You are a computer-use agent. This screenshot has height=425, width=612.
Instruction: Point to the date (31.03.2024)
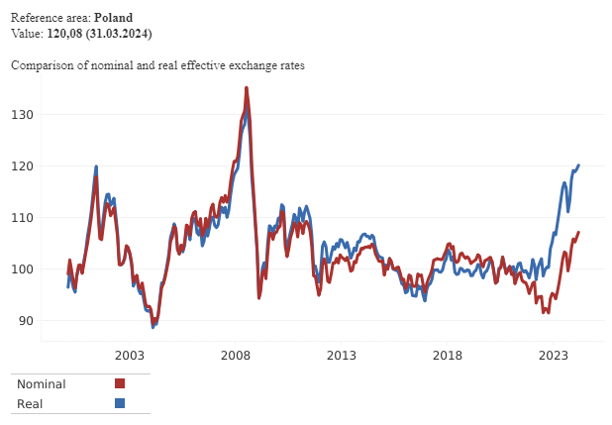pos(117,34)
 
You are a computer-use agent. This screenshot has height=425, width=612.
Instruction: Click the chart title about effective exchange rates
pos(157,65)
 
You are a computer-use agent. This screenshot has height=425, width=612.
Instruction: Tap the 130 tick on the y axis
pos(23,115)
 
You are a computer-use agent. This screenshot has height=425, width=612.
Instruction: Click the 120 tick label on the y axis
pos(23,166)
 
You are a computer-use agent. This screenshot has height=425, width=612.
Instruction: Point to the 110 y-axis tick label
pos(23,218)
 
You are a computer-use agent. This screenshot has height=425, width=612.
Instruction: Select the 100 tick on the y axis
pos(23,269)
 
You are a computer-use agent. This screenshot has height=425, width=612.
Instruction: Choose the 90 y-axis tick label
pos(26,321)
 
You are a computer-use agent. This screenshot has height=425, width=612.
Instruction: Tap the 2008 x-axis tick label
pos(235,355)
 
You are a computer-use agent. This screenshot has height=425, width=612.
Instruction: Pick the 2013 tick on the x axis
pos(342,355)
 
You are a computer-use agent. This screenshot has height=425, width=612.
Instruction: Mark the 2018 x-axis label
pos(448,355)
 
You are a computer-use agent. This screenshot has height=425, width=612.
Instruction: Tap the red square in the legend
pos(120,383)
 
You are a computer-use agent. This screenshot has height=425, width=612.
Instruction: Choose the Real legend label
pos(31,403)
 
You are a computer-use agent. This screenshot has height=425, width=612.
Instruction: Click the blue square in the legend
pos(120,403)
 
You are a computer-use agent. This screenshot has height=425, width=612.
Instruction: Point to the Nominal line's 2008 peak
pos(247,88)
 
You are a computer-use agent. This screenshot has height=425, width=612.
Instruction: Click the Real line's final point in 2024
pos(578,165)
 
